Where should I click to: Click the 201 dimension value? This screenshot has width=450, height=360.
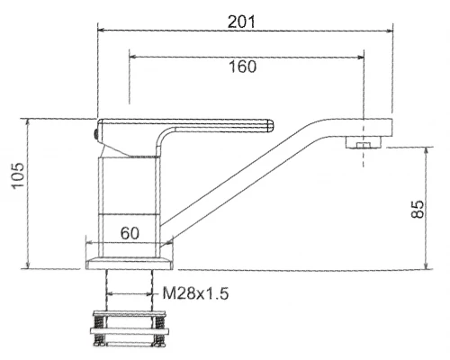pos(241,22)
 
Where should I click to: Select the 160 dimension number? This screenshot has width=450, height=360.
pos(243,67)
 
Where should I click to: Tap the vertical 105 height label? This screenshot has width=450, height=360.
pos(18,175)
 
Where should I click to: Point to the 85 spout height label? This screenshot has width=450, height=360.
pos(418,209)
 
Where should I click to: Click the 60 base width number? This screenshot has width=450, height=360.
pos(130,233)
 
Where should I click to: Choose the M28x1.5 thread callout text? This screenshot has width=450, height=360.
pos(195,293)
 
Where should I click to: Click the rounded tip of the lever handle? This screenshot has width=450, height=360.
pos(270,125)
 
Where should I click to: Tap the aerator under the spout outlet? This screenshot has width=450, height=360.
pos(364,142)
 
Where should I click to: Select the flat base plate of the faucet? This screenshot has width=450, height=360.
pos(130,263)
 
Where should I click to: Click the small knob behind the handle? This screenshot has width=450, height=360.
pos(95,134)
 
